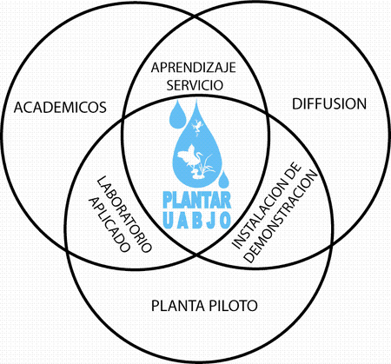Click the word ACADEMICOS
point(60,107)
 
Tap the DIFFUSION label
point(329,104)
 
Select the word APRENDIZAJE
point(194,68)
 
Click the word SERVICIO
point(195,85)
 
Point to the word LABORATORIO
point(124,215)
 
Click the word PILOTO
point(233,306)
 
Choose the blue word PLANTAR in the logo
point(197,200)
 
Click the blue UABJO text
point(197,221)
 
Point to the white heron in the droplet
point(189,158)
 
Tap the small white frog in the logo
point(198,125)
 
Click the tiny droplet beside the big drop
point(223,180)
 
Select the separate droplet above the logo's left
point(177,115)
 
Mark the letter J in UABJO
point(211,221)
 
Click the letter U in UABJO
point(169,221)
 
